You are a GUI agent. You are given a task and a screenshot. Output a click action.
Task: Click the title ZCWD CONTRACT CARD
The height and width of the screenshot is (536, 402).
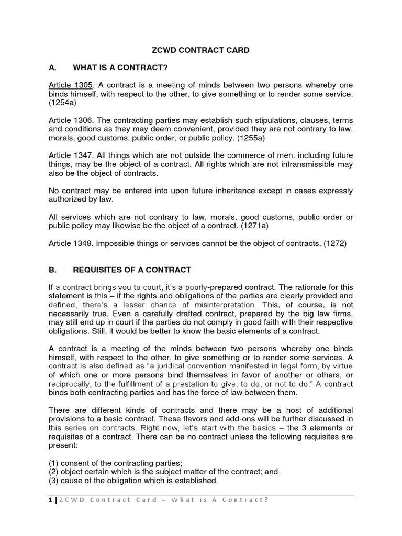tap(201, 50)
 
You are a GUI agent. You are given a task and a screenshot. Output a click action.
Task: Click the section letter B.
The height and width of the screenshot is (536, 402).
tap(52, 270)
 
